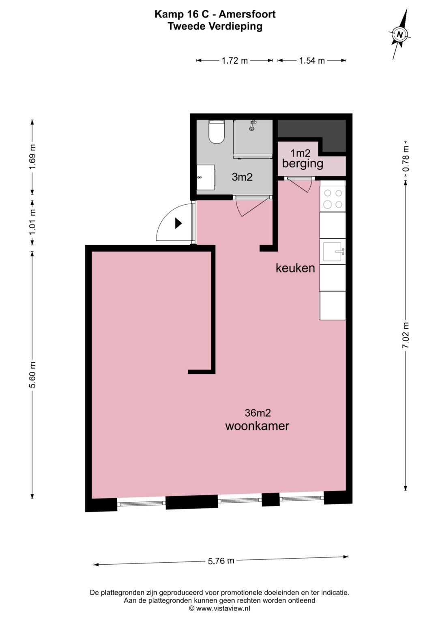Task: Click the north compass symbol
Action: pyautogui.click(x=400, y=34)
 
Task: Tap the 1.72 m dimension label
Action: pyautogui.click(x=234, y=61)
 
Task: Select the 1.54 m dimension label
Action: pyautogui.click(x=312, y=61)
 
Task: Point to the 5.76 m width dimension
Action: pyautogui.click(x=221, y=561)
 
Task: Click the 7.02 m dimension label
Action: pyautogui.click(x=406, y=335)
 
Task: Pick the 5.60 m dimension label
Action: pyautogui.click(x=32, y=375)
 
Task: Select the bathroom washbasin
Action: pyautogui.click(x=206, y=177)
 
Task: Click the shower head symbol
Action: pyautogui.click(x=252, y=126)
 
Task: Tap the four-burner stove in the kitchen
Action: pyautogui.click(x=333, y=199)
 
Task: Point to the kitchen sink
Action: pyautogui.click(x=333, y=252)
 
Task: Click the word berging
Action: pyautogui.click(x=303, y=164)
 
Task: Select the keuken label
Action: pyautogui.click(x=295, y=268)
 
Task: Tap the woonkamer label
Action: pyautogui.click(x=257, y=426)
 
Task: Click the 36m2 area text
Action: pyautogui.click(x=258, y=413)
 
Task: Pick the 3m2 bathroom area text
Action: pyautogui.click(x=242, y=177)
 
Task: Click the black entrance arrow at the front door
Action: pyautogui.click(x=178, y=223)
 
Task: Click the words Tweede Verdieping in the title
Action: pyautogui.click(x=215, y=26)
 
